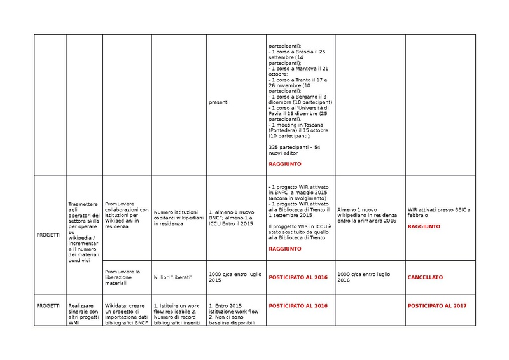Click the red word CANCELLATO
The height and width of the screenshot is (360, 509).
(425, 277)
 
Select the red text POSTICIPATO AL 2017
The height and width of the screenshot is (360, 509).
(436, 306)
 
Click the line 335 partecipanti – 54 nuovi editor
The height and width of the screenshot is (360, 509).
(295, 149)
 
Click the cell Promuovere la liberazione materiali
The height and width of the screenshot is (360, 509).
(125, 277)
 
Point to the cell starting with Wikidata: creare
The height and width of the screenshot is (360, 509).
(125, 312)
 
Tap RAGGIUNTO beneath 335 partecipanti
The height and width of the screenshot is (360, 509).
(284, 164)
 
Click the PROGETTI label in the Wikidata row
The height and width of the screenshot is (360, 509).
(49, 306)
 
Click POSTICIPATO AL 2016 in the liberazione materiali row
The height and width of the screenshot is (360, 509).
(298, 277)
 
